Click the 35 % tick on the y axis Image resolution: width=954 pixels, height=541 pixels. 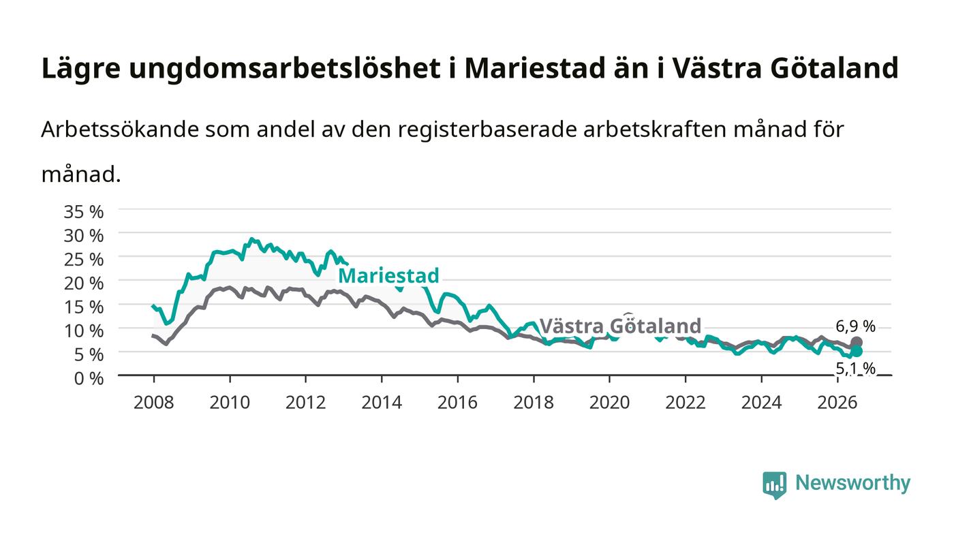(x=83, y=212)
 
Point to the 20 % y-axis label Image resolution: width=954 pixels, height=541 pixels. (x=83, y=283)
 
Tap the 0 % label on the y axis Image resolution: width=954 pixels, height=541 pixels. (x=89, y=378)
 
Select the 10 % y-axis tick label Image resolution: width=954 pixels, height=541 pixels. (x=83, y=331)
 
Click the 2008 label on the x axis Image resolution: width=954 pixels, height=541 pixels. (x=154, y=403)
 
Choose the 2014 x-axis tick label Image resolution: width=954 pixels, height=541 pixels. (x=382, y=403)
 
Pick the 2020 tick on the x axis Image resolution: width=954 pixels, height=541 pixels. (x=609, y=403)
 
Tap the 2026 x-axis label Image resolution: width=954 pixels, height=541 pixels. (x=837, y=403)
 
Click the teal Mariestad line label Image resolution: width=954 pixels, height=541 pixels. (x=388, y=276)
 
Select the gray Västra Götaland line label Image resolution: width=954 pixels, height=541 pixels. (x=621, y=326)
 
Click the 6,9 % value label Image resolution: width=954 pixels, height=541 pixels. (x=856, y=327)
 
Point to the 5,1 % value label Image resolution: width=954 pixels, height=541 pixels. (x=856, y=369)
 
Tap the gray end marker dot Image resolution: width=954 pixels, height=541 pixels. (x=857, y=342)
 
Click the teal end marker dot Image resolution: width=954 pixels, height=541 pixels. (x=857, y=351)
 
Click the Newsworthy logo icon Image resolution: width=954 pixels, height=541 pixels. (x=774, y=484)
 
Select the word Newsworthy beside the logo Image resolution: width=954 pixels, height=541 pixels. (x=852, y=483)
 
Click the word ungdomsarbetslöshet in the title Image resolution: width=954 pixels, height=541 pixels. (x=285, y=69)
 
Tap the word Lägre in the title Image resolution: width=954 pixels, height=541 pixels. (x=81, y=69)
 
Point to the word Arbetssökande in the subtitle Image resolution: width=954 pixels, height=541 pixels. (x=120, y=129)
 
